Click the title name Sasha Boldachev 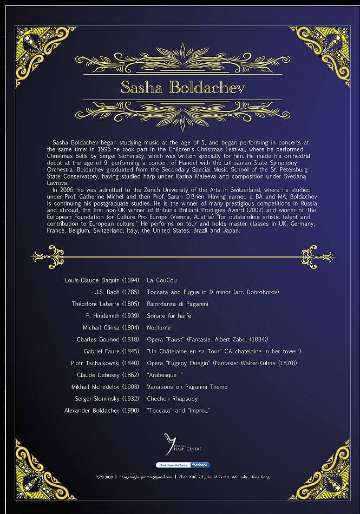182,87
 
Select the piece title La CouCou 162,280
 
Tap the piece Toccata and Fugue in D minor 213,292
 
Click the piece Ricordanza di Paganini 178,304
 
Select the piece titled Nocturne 159,328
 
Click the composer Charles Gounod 108,340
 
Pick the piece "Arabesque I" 165,375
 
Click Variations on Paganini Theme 187,387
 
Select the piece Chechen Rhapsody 172,399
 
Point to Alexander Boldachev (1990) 102,411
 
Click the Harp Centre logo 178,445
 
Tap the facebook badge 200,465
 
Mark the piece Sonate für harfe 169,316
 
